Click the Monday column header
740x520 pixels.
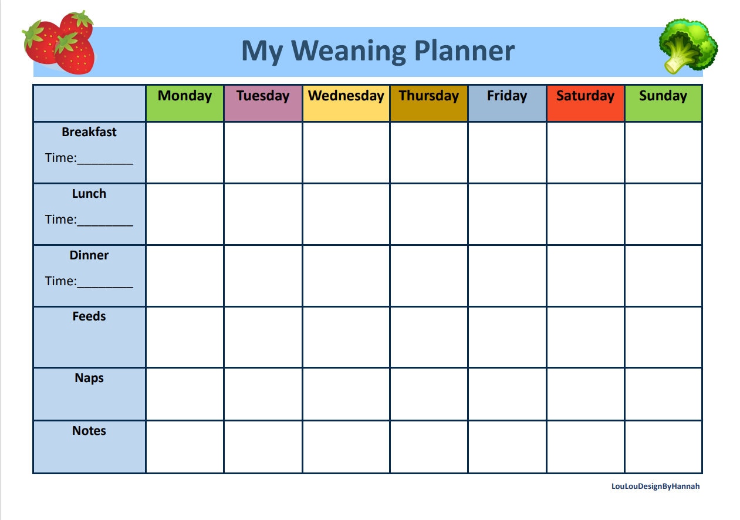[185, 96]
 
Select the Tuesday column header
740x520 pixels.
[263, 96]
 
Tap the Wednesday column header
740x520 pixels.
[346, 96]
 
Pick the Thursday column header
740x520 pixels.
[429, 96]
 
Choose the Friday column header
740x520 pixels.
[507, 96]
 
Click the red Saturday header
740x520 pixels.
[585, 96]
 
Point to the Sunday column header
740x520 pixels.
[663, 96]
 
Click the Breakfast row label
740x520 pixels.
[89, 132]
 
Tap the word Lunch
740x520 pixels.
[89, 194]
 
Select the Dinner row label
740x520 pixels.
[89, 255]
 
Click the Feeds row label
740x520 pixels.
[89, 317]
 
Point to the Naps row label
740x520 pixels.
[89, 378]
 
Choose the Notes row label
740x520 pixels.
[89, 431]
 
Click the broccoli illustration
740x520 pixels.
[687, 46]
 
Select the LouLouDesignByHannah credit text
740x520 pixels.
[655, 487]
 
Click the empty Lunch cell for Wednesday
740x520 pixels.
[346, 214]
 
